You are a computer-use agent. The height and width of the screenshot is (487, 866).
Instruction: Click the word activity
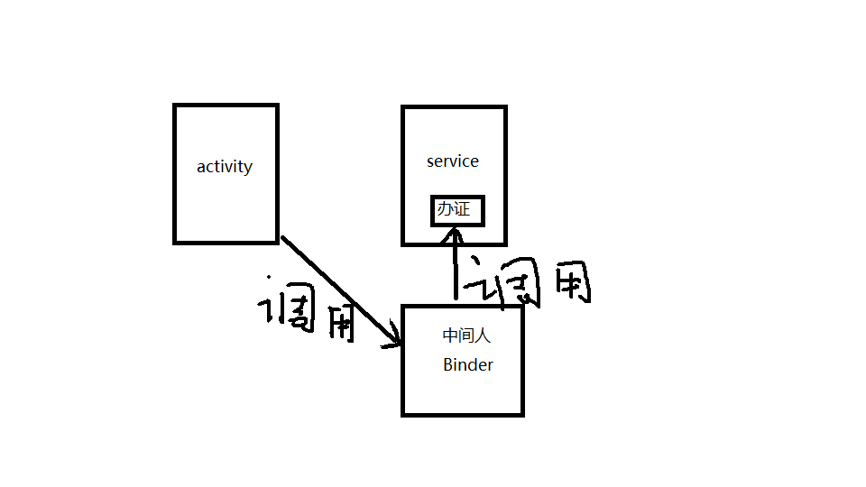[225, 167]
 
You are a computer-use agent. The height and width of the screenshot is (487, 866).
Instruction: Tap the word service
[453, 161]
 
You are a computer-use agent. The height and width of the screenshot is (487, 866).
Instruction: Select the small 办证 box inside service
[457, 210]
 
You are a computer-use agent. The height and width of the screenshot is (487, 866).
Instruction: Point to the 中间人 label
[466, 335]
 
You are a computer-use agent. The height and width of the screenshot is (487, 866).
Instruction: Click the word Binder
[468, 365]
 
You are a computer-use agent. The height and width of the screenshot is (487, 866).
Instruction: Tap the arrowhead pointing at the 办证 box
[456, 235]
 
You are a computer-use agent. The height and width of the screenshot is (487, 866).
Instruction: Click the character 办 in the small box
[447, 210]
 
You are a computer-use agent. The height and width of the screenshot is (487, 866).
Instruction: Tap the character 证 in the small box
[465, 210]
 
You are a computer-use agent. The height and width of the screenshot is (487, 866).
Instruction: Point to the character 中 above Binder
[451, 335]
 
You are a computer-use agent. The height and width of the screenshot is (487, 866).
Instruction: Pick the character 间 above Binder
[466, 335]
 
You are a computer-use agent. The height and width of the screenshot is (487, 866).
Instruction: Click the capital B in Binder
[448, 365]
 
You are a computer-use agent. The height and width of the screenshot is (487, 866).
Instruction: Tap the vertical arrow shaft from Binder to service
[456, 271]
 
